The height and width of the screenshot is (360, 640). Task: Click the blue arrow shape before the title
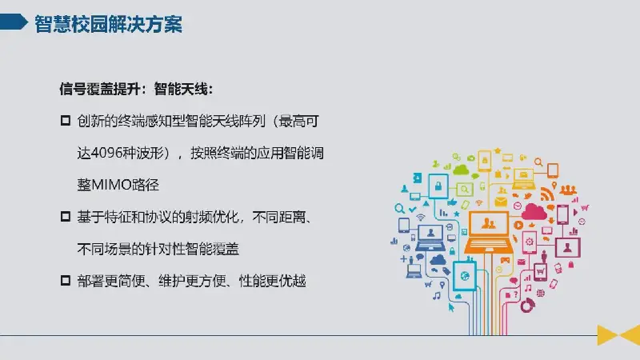click(x=13, y=22)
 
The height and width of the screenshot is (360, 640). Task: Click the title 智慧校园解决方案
click(x=108, y=24)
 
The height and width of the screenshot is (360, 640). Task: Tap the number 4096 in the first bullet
click(x=106, y=153)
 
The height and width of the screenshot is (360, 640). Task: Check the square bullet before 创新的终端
click(x=66, y=121)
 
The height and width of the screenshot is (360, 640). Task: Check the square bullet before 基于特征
click(x=66, y=216)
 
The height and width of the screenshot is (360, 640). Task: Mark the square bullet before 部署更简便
click(x=66, y=281)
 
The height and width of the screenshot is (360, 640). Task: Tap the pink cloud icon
click(x=534, y=212)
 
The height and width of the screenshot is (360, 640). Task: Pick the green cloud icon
click(x=461, y=169)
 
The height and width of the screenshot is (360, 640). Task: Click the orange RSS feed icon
click(x=547, y=194)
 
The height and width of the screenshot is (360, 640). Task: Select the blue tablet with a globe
click(x=465, y=275)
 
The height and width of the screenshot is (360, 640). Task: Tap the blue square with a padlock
click(x=438, y=186)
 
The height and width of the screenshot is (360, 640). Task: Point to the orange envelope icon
click(x=501, y=202)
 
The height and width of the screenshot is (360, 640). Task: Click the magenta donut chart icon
click(x=527, y=306)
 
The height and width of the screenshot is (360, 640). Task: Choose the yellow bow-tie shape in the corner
click(x=618, y=334)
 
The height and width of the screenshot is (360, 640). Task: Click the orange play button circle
click(x=518, y=225)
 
